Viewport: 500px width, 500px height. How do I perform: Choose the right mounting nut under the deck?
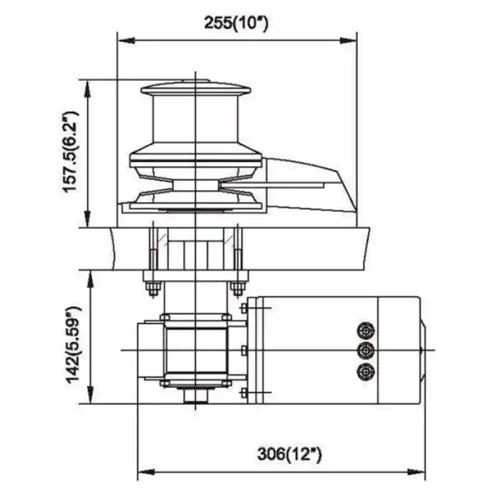(x=237, y=288)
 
